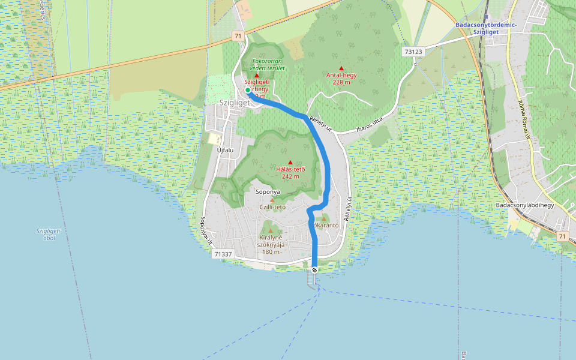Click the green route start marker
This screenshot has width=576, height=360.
248,90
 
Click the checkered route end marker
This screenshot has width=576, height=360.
314,270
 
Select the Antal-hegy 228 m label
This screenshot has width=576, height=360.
341,79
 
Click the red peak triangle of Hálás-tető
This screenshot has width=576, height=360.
290,162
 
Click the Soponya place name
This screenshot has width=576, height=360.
268,193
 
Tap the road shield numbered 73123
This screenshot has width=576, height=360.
414,52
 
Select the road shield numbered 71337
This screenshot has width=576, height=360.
223,254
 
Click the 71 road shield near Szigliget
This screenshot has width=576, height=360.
238,37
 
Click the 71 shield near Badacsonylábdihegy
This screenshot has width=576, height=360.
562,237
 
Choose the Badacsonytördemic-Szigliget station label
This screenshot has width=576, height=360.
482,28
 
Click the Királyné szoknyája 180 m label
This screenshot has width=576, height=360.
272,244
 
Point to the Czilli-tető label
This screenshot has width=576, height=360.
272,207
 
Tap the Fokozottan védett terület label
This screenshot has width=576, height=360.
268,64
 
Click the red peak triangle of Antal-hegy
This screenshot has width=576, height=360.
341,68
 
